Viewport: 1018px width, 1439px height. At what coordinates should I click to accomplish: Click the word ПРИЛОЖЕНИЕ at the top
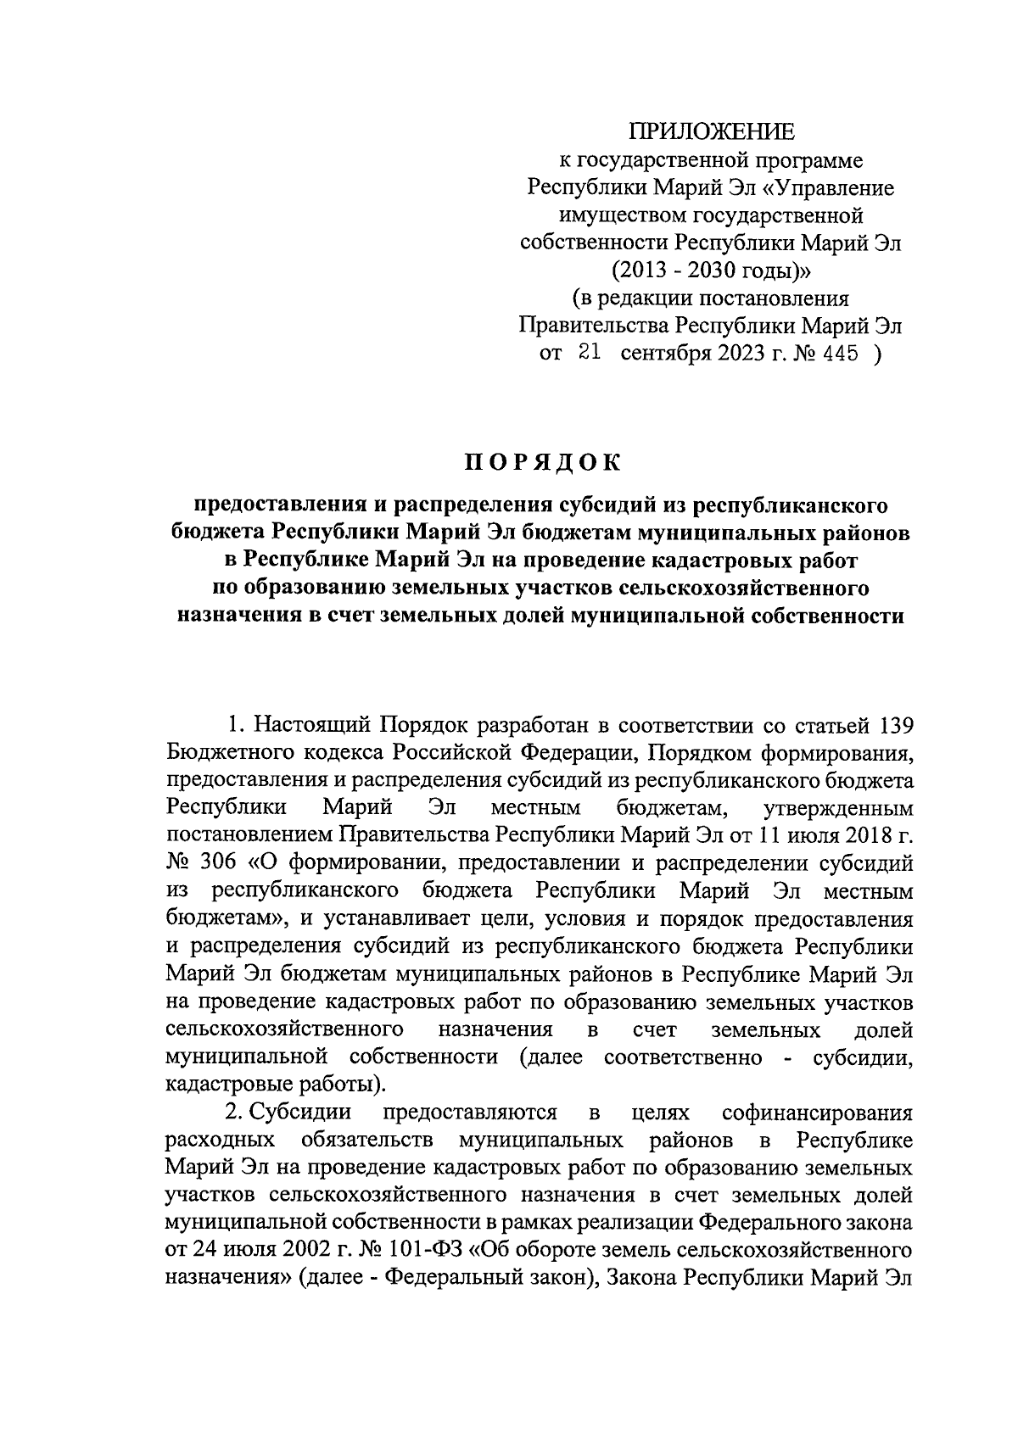(712, 131)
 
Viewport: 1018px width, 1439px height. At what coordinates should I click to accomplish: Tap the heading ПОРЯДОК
(542, 462)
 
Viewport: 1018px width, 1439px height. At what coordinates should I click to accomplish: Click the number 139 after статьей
(891, 726)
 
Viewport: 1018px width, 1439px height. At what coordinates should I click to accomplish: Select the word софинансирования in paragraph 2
(817, 1112)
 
